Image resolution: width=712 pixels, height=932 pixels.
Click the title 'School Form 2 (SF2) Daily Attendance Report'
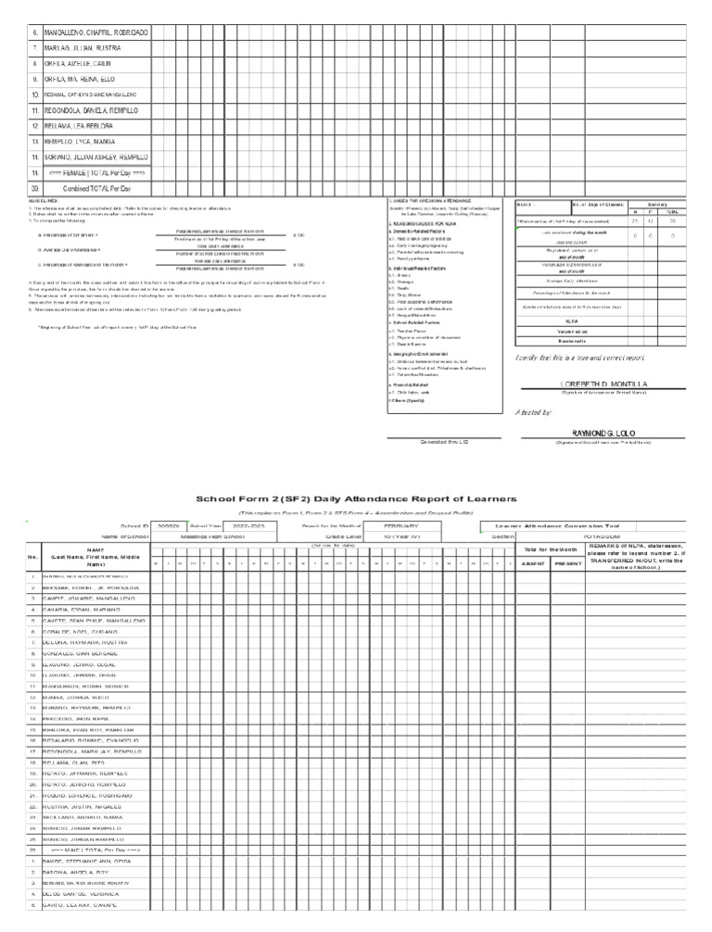(355, 498)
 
